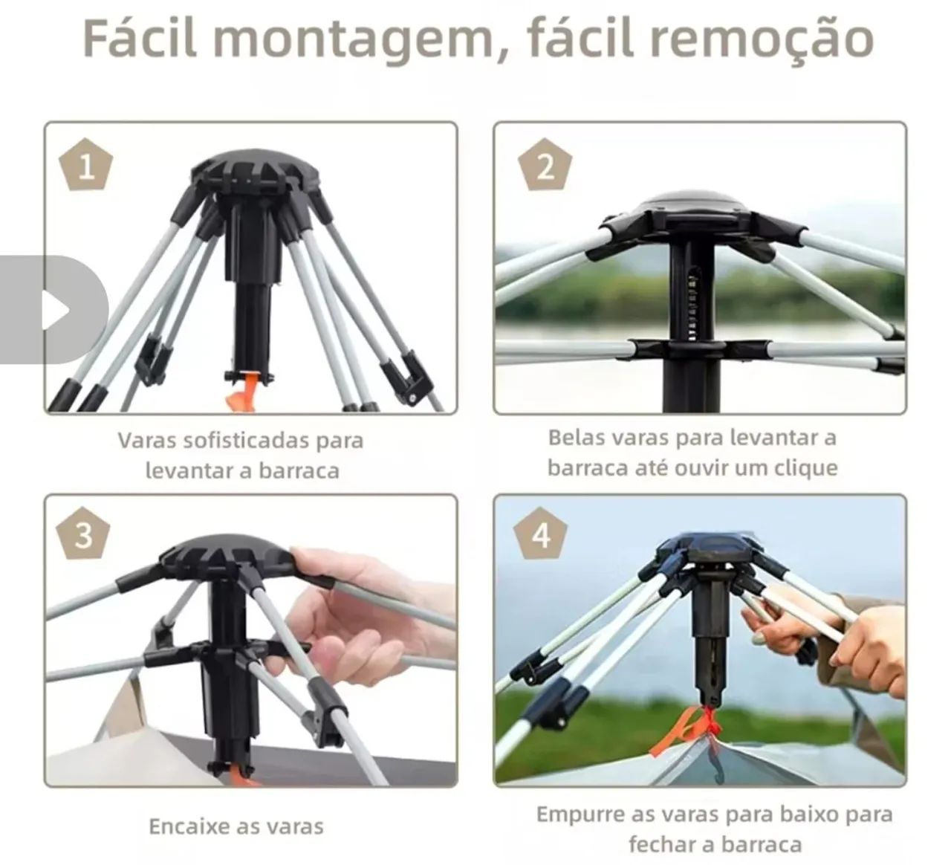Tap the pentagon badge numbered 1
pyautogui.click(x=86, y=165)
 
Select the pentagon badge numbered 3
pyautogui.click(x=83, y=535)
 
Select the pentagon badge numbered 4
pyautogui.click(x=542, y=535)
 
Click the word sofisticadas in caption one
pyautogui.click(x=241, y=440)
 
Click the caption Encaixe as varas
pyautogui.click(x=236, y=826)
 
